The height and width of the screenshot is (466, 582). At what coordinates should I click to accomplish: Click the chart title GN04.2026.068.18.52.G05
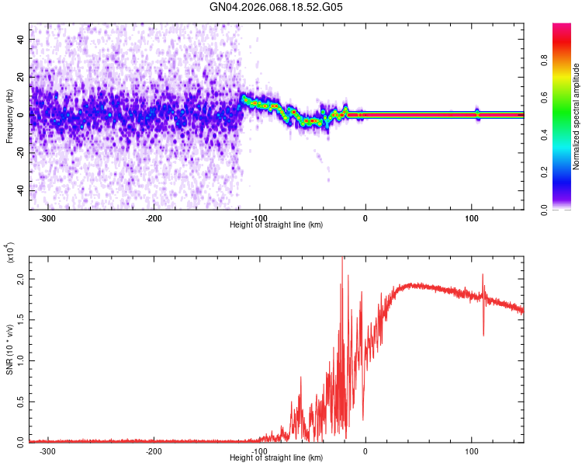[x=276, y=8]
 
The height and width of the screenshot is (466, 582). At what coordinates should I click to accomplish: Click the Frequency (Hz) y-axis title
[x=9, y=116]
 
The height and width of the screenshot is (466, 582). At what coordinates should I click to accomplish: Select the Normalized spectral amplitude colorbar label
[x=577, y=117]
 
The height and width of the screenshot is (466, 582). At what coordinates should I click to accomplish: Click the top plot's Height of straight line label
[x=276, y=224]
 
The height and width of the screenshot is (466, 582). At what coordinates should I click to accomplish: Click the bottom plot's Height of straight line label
[x=276, y=457]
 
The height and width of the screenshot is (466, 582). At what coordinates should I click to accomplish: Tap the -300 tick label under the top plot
[x=47, y=217]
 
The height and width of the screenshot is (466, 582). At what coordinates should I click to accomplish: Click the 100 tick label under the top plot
[x=471, y=217]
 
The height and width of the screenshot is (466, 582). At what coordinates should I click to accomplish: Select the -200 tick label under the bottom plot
[x=154, y=450]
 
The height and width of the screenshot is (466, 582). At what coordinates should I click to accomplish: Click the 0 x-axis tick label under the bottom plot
[x=365, y=450]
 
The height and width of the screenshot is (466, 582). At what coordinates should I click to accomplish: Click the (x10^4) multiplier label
[x=11, y=253]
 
